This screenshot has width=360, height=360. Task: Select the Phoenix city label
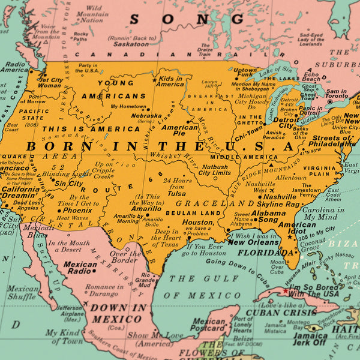pyautogui.click(x=77, y=211)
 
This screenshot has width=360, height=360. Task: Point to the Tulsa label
pyautogui.click(x=176, y=194)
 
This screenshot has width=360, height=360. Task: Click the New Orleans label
pyautogui.click(x=253, y=242)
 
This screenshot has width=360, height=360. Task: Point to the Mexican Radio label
pyautogui.click(x=80, y=267)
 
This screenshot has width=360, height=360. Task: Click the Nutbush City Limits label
pyautogui.click(x=214, y=170)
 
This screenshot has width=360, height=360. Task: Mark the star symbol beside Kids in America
pyautogui.click(x=155, y=79)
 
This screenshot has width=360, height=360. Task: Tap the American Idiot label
pyautogui.click(x=300, y=229)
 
